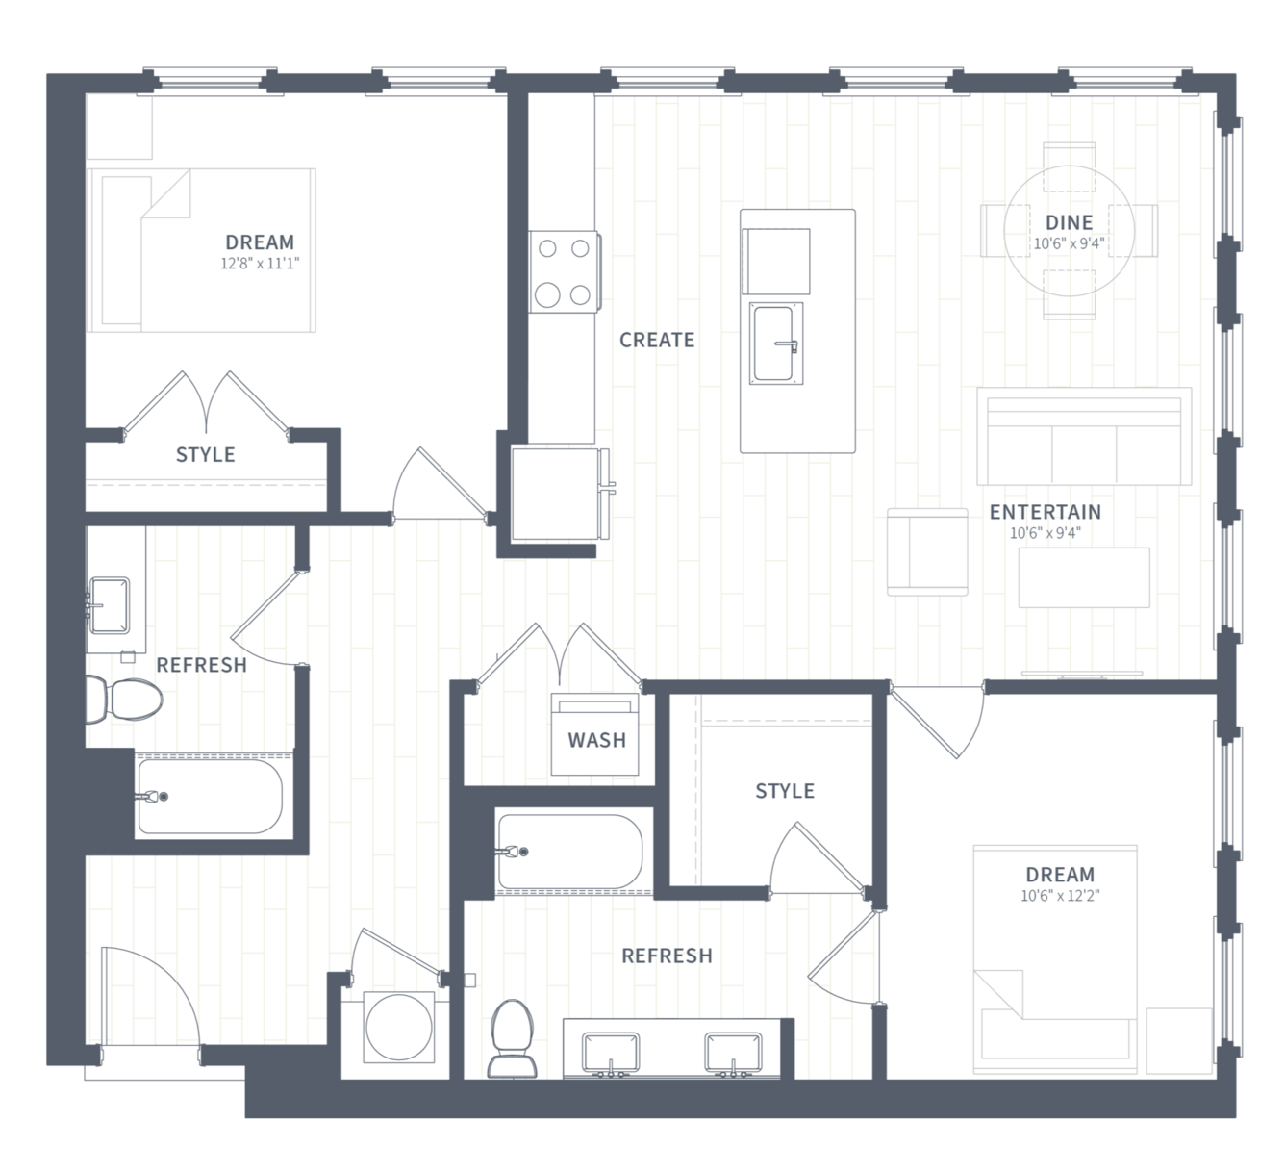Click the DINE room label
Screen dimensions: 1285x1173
tap(1070, 222)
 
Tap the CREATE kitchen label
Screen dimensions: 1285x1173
tap(657, 340)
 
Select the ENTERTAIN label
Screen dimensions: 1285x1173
tap(1046, 512)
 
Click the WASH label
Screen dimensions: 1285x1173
tap(596, 740)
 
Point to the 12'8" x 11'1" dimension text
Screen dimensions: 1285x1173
tap(260, 264)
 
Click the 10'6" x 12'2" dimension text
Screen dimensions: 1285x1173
tap(1060, 896)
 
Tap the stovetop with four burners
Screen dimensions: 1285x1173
tap(565, 272)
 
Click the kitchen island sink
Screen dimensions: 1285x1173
tap(776, 344)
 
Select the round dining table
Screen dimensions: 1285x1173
tap(1069, 230)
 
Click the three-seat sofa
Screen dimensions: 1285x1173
tap(1084, 437)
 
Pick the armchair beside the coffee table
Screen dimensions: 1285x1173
tap(927, 552)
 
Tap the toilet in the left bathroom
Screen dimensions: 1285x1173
tap(124, 699)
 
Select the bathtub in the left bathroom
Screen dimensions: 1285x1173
tap(210, 797)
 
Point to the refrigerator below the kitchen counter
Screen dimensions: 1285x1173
tap(559, 495)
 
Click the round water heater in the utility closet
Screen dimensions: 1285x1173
tap(398, 1027)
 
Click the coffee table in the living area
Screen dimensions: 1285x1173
tap(1084, 577)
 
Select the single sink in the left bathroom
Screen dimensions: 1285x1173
tap(109, 605)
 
